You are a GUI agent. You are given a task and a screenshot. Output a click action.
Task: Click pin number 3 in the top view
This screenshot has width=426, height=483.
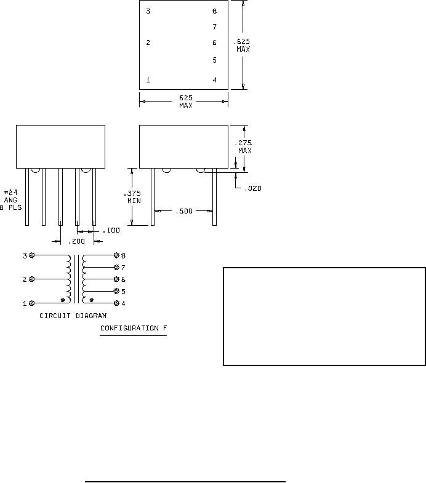click(x=148, y=12)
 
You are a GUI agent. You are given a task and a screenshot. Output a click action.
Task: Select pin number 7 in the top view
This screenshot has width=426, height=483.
click(x=215, y=27)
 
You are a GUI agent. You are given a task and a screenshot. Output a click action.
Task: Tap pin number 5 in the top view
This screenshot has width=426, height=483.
click(x=215, y=60)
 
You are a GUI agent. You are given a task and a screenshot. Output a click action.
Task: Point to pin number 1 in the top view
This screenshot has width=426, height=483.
click(x=148, y=80)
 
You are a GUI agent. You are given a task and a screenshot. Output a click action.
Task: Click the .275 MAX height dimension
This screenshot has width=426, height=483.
click(x=244, y=146)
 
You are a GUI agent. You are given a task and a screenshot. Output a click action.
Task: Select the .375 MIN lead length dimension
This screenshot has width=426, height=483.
click(x=132, y=197)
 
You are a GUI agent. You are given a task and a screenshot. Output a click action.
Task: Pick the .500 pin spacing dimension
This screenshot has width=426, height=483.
click(x=184, y=211)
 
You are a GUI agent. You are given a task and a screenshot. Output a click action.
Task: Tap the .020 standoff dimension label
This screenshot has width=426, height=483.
click(x=253, y=188)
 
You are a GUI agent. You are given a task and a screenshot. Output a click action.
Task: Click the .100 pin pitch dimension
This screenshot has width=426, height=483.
click(x=111, y=230)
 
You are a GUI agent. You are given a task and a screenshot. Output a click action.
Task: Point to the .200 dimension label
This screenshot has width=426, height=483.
click(x=76, y=241)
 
